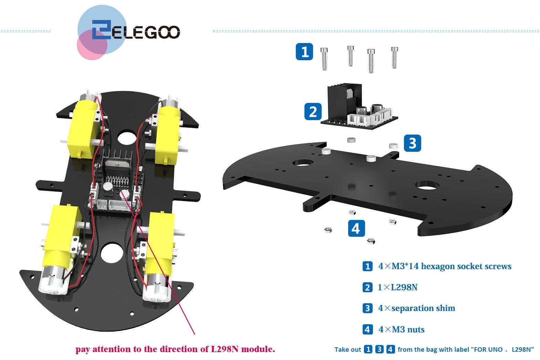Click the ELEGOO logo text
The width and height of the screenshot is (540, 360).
coord(136,30)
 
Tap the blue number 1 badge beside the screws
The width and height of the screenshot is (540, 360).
coord(304,52)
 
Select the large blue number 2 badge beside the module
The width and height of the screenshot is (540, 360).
coord(313,111)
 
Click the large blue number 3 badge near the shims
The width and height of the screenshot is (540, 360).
coord(413,143)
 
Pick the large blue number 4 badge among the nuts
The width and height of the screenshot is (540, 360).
coord(356,228)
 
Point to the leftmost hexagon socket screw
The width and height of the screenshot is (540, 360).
coord(324,59)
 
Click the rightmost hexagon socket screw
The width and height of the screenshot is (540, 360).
coord(394,58)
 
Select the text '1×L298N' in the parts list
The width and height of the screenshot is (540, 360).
coord(397,287)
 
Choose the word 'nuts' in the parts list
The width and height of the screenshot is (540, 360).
coord(416,329)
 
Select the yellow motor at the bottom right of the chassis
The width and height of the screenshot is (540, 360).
coord(159,255)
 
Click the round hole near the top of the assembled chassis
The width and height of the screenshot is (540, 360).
coord(127,137)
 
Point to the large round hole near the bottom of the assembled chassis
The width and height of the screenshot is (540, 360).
coord(112,253)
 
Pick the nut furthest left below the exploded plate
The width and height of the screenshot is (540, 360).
coord(328,230)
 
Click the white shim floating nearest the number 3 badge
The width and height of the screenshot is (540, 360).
coord(393,146)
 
